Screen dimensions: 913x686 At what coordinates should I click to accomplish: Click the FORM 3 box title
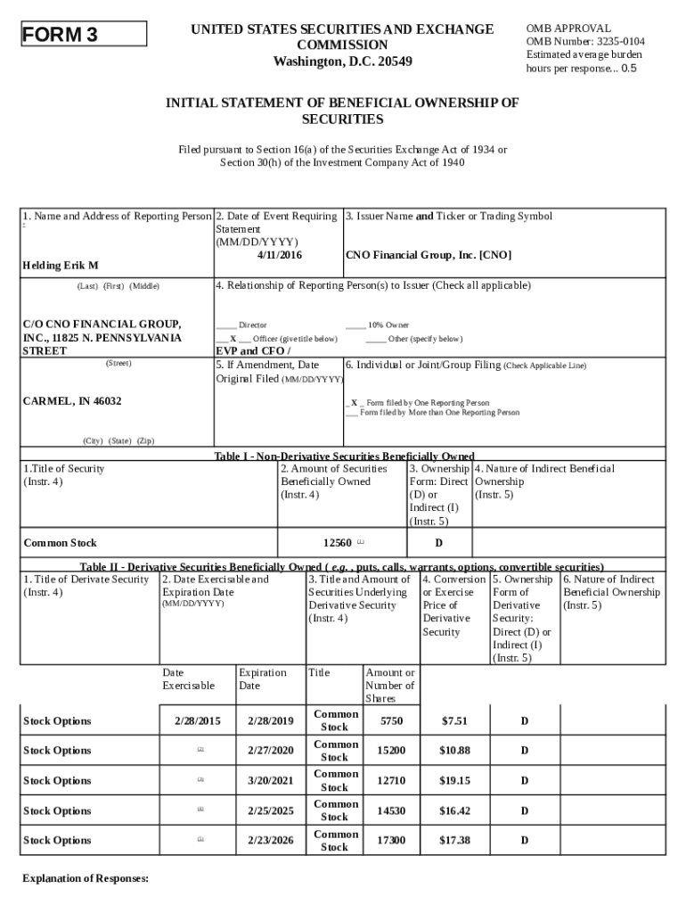click(60, 35)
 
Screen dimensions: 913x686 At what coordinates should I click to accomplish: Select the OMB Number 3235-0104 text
click(585, 42)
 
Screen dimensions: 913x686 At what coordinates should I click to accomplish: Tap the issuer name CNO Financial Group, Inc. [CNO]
click(429, 255)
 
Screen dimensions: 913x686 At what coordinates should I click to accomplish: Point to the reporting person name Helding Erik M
click(61, 266)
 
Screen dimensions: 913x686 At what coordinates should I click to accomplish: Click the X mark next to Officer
click(233, 339)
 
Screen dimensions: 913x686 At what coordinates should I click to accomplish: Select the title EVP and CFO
click(252, 351)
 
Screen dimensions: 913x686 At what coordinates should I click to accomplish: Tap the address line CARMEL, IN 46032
click(72, 401)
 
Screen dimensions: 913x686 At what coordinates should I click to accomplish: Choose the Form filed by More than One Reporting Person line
click(439, 413)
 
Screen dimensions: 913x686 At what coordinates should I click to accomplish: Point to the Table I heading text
click(344, 456)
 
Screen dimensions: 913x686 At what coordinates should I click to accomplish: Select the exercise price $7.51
click(454, 721)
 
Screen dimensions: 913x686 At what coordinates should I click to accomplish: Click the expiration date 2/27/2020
click(271, 751)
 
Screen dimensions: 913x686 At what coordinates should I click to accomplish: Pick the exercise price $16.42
click(454, 810)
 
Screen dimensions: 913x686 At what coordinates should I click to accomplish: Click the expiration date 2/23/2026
click(271, 841)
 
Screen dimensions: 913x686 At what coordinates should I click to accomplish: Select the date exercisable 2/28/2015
click(197, 721)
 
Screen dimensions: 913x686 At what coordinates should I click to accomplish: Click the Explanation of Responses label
click(85, 879)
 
